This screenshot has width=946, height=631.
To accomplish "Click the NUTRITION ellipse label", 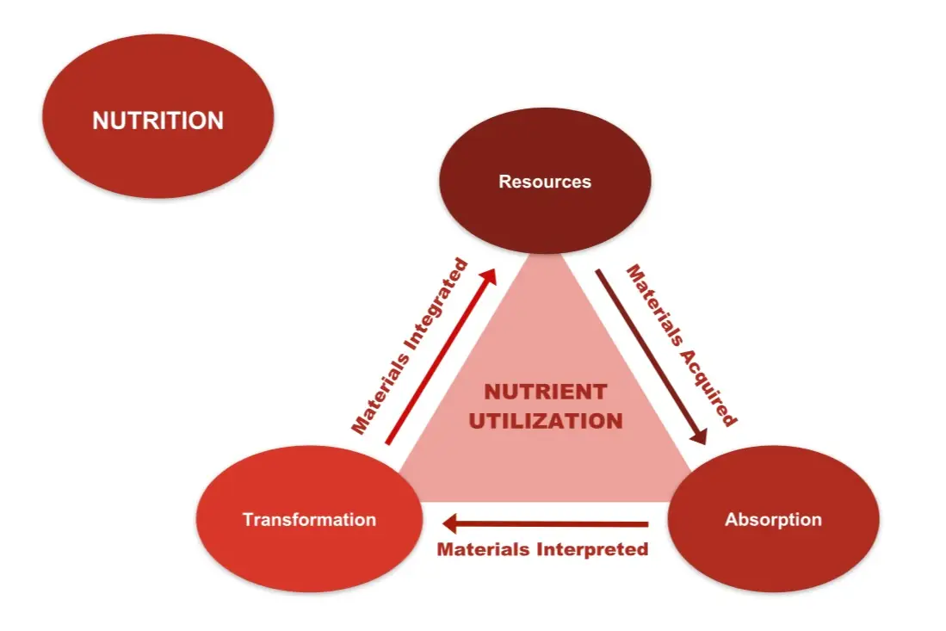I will point(158,121).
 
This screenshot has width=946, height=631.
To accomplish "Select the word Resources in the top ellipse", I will point(545,182).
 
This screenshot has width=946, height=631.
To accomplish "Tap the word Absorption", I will point(773,520).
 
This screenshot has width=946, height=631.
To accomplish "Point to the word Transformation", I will point(309,520).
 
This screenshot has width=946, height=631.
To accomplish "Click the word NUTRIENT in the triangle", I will point(545,393).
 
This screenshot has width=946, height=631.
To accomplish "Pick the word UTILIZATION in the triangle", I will point(545,421).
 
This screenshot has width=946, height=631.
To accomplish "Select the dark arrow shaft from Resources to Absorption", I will point(646,353).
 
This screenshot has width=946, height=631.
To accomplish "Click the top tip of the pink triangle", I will point(545,256).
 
